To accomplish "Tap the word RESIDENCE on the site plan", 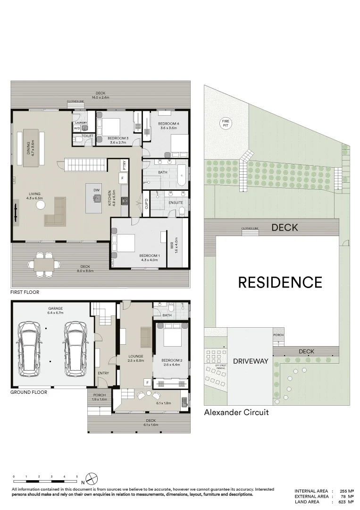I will pyautogui.click(x=280, y=282).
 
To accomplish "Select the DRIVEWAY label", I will pyautogui.click(x=250, y=361).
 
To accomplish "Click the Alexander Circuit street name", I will pyautogui.click(x=236, y=412).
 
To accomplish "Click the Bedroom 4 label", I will pyautogui.click(x=168, y=126).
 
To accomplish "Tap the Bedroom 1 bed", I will pyautogui.click(x=125, y=243).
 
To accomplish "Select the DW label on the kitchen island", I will pyautogui.click(x=96, y=190).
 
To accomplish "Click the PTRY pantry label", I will pyautogui.click(x=124, y=165).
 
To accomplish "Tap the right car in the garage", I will pyautogui.click(x=75, y=347).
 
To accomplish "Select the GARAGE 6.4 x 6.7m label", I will pyautogui.click(x=55, y=310).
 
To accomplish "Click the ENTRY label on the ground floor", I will pyautogui.click(x=103, y=373).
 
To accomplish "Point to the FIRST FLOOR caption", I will pyautogui.click(x=25, y=292).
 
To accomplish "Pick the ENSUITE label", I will pyautogui.click(x=176, y=203).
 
